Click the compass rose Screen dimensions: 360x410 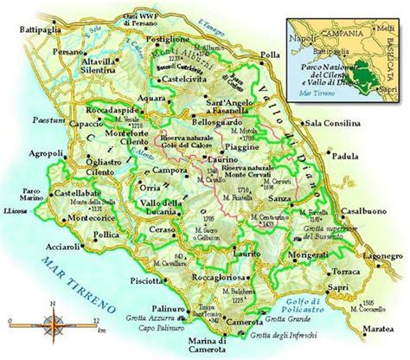click(x=54, y=328)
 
